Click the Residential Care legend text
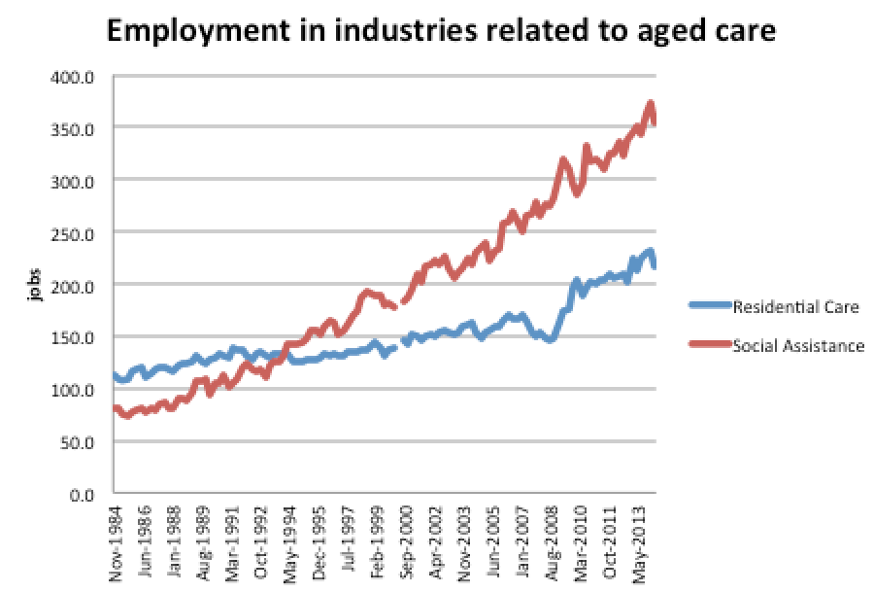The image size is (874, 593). coord(796,307)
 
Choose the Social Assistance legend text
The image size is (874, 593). coord(798,345)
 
